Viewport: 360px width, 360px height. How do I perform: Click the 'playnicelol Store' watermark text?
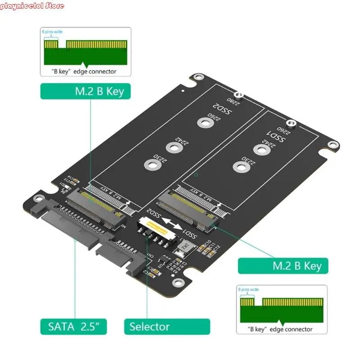coord(32,6)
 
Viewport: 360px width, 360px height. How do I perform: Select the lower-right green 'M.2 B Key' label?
coord(283,265)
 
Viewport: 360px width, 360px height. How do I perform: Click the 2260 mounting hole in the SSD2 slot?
coord(205,123)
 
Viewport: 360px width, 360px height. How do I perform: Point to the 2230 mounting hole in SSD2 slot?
coord(150,165)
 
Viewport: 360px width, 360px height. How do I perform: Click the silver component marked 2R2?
coord(185,246)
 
